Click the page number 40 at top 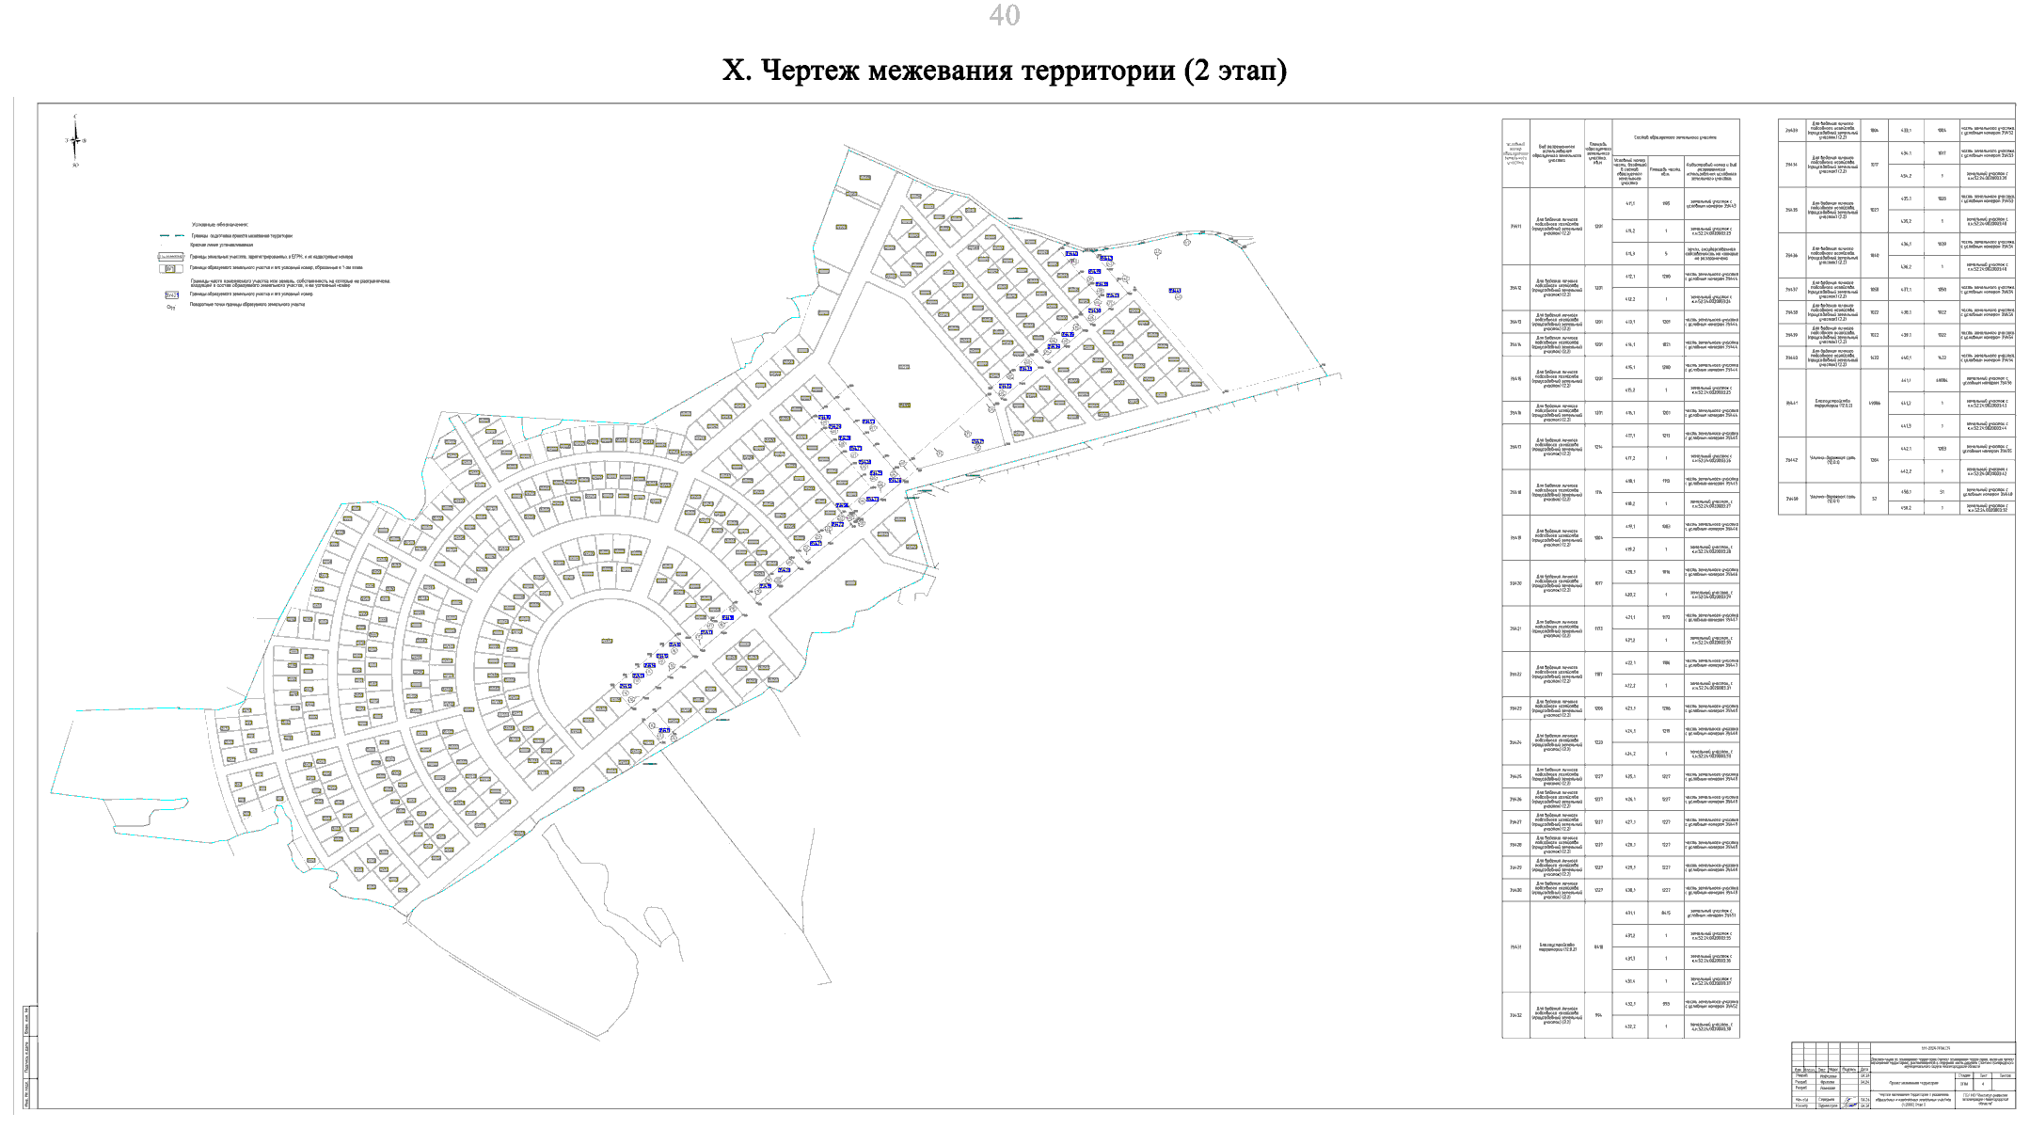[x=1004, y=15]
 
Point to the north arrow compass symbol [x=75, y=141]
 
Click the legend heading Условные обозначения [x=220, y=225]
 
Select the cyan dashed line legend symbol [x=171, y=235]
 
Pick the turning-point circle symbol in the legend [x=171, y=306]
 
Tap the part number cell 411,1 [x=1630, y=203]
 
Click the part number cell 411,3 [x=1630, y=253]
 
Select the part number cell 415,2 [x=1630, y=390]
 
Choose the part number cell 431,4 [x=1630, y=981]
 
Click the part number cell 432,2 [x=1630, y=1026]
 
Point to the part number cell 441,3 [x=1906, y=426]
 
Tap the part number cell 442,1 [x=1906, y=449]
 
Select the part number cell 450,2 [x=1906, y=508]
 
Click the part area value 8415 [x=1666, y=913]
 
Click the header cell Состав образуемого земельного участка [x=1674, y=138]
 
